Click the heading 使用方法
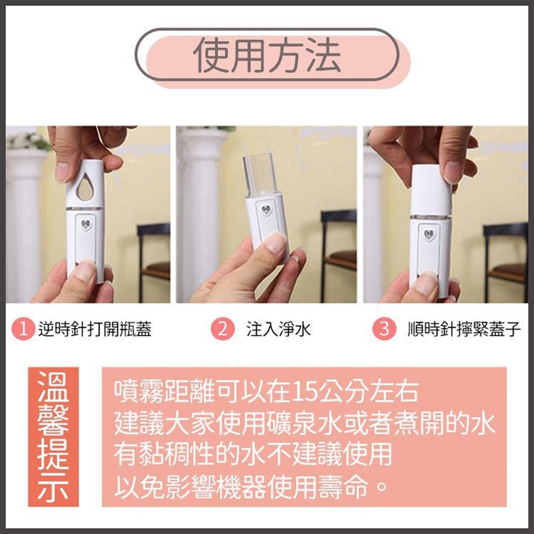[267, 55]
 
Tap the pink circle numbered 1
[23, 329]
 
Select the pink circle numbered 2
[222, 329]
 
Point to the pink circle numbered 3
[384, 329]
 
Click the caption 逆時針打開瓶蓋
[95, 329]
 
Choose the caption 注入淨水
[279, 329]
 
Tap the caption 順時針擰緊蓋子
[464, 329]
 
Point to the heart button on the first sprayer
[86, 224]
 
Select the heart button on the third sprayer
[429, 235]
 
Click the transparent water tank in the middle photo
[260, 176]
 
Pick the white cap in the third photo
[431, 189]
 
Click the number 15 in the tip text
[304, 392]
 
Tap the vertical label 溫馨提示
[53, 437]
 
